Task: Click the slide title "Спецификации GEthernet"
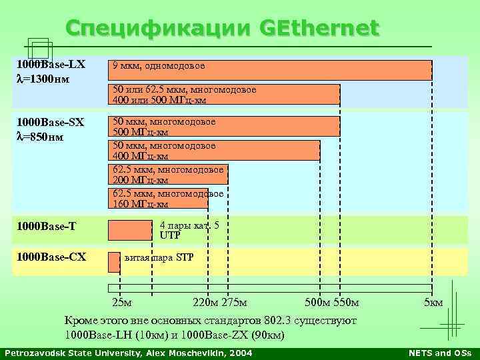222,29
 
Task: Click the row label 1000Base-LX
51,65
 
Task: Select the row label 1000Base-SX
51,123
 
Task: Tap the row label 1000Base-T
47,227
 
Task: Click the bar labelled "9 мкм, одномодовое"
270,70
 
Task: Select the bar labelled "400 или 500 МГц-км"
224,95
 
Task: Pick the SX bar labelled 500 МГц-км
224,127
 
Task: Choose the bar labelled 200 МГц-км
168,175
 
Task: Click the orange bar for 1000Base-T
130,230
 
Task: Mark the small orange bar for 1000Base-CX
114,262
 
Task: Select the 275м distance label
235,304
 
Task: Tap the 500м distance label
317,304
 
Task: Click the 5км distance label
433,304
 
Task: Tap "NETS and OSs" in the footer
440,353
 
